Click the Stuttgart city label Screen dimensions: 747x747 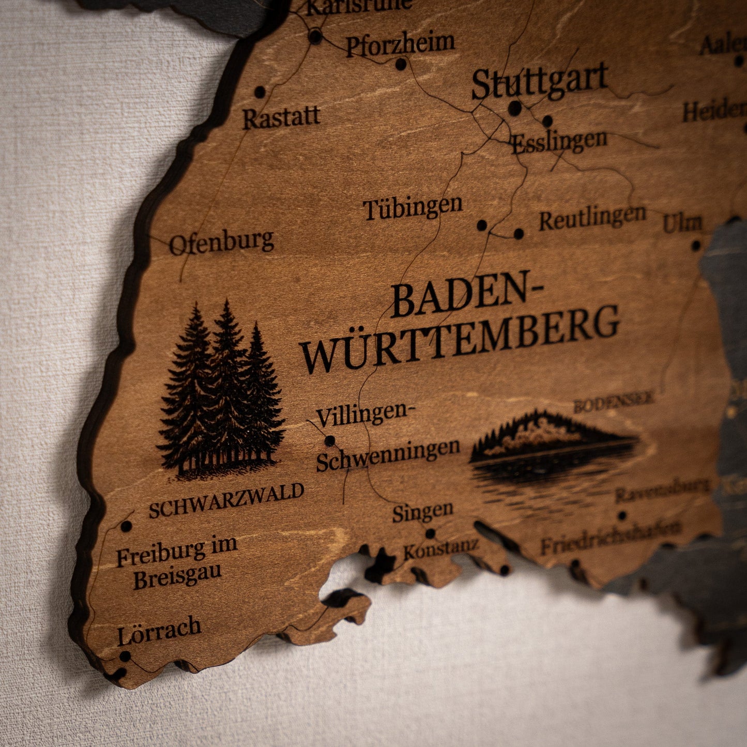(x=539, y=81)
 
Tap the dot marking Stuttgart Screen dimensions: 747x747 (x=515, y=108)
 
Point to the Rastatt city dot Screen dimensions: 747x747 (x=260, y=93)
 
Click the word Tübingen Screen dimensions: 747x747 (x=413, y=208)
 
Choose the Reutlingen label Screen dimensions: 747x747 (x=592, y=218)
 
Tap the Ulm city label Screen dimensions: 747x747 (x=682, y=223)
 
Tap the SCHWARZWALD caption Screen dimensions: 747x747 (x=226, y=500)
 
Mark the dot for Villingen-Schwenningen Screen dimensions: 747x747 (x=329, y=440)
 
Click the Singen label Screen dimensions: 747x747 (x=422, y=512)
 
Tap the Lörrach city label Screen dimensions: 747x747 (x=159, y=630)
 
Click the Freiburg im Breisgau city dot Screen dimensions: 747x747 (x=126, y=526)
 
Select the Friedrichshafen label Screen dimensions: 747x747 (x=610, y=538)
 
